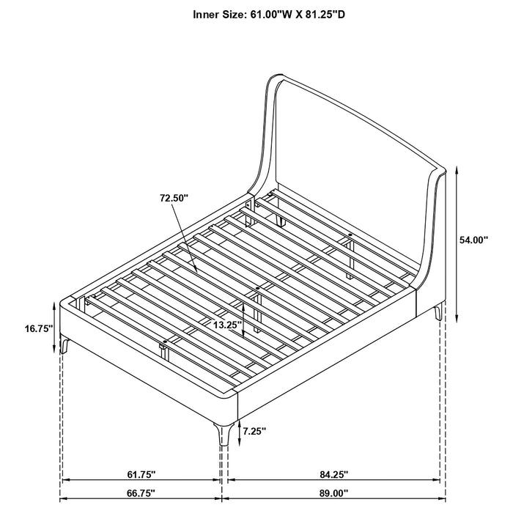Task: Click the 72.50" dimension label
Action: coord(174,198)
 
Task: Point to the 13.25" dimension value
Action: coord(224,324)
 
